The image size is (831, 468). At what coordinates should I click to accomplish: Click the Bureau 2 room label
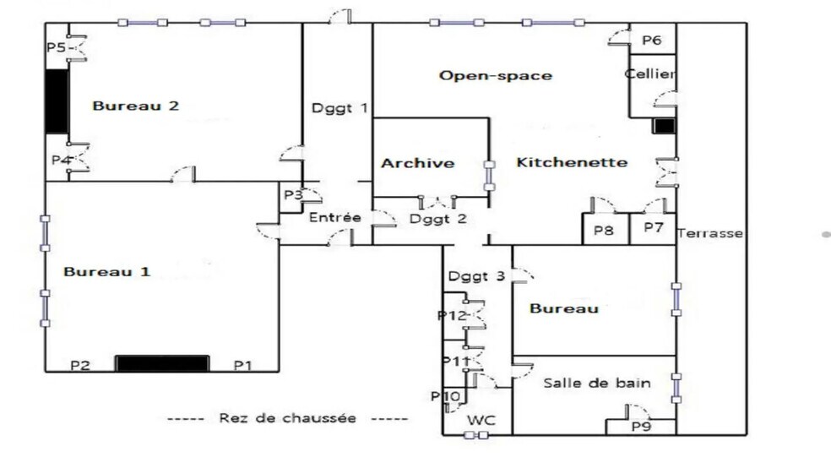tap(136, 106)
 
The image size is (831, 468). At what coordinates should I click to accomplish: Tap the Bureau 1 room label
tap(107, 272)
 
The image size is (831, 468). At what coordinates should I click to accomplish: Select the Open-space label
tap(495, 76)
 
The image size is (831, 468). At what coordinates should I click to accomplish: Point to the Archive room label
tap(417, 163)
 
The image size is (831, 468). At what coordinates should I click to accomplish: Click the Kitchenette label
tap(572, 162)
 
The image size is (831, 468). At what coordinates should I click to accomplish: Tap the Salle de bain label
tap(596, 384)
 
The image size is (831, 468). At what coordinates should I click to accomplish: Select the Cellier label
tap(650, 74)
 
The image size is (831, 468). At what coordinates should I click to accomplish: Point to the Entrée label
tap(334, 218)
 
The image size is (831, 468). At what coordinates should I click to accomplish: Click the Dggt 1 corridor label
tap(339, 107)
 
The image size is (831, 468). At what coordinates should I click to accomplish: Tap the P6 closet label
tap(651, 40)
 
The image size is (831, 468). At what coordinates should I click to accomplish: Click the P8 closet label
tap(603, 229)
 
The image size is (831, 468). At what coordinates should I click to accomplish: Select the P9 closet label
tap(642, 426)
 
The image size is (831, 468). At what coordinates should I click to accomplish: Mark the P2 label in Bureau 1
tap(80, 365)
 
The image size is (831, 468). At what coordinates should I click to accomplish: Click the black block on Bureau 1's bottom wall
tap(161, 363)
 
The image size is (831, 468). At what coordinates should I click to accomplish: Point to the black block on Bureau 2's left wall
tap(56, 101)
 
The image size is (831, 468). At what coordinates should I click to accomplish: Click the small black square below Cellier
tap(664, 126)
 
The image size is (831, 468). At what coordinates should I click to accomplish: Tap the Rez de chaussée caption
tap(287, 418)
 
